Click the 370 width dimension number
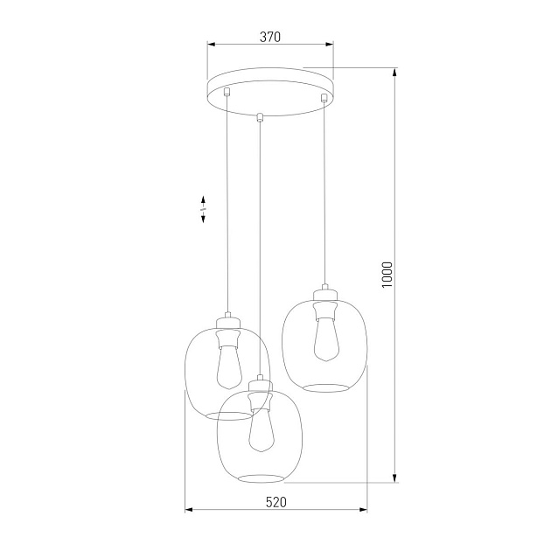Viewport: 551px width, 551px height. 269,37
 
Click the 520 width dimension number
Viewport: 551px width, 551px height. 275,501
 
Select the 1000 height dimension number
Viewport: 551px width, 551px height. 387,275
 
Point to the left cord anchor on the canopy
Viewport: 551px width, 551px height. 227,91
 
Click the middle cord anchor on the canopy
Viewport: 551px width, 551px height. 260,115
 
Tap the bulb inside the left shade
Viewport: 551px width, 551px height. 228,366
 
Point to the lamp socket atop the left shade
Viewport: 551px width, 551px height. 227,329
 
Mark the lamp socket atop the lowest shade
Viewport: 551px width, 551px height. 258,393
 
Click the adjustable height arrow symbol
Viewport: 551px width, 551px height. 203,209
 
